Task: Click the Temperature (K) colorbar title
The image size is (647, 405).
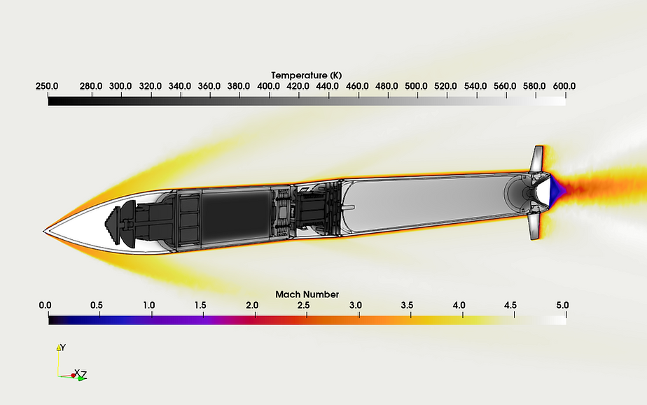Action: (307, 75)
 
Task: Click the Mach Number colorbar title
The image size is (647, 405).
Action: (307, 294)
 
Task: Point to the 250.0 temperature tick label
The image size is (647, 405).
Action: (47, 86)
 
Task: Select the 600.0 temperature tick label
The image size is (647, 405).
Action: (564, 86)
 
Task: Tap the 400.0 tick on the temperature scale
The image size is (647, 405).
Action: (269, 86)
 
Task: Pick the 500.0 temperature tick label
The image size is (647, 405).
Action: (417, 86)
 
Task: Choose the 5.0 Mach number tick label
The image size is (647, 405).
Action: (562, 306)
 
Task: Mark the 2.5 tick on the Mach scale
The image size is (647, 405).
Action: (304, 306)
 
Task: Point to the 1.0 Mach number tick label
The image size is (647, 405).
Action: (148, 306)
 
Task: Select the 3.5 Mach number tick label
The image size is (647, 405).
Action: (408, 306)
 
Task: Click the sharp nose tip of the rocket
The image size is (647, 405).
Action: (45, 229)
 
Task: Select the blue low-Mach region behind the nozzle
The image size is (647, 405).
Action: (556, 187)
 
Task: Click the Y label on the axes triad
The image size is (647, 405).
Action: (62, 347)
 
